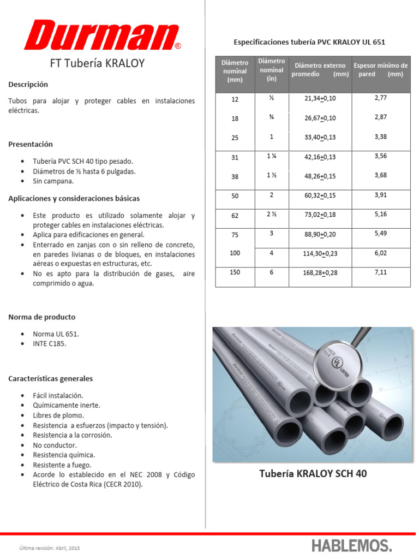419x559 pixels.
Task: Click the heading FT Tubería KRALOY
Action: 97,63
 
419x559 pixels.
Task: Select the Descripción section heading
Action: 28,85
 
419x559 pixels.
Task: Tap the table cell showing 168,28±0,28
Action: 320,272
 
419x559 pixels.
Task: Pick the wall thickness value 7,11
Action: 380,272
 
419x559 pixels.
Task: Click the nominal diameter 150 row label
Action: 235,272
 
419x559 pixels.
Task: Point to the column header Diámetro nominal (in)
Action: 271,70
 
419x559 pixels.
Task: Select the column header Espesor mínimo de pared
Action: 380,70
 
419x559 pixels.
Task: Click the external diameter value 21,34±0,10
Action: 320,98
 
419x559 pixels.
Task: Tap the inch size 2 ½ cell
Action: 271,215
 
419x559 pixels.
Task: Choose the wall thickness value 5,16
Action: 380,214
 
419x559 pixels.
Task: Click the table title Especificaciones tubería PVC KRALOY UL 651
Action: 309,42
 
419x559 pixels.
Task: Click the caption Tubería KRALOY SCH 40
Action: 313,474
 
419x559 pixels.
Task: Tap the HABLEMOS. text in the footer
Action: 351,545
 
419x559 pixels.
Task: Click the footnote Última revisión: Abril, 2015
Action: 50,548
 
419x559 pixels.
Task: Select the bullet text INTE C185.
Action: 50,344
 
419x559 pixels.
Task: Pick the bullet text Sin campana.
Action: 53,181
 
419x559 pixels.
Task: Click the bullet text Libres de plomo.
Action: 59,415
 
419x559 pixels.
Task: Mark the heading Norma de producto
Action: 42,317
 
